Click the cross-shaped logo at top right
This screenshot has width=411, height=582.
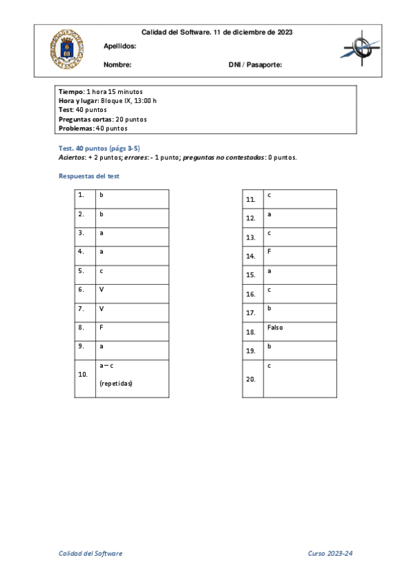pyautogui.click(x=360, y=49)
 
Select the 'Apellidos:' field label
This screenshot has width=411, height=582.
pyautogui.click(x=119, y=46)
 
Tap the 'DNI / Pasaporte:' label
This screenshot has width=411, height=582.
pyautogui.click(x=255, y=65)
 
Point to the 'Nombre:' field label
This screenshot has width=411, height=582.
pyautogui.click(x=117, y=65)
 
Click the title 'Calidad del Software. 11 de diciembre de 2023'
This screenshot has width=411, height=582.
pyautogui.click(x=217, y=32)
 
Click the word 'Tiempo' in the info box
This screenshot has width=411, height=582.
pyautogui.click(x=71, y=91)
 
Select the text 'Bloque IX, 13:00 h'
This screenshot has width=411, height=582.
pyautogui.click(x=129, y=100)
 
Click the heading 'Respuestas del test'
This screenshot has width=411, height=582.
pyautogui.click(x=89, y=176)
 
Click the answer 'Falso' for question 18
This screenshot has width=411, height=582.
pyautogui.click(x=274, y=327)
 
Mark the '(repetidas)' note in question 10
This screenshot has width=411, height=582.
pyautogui.click(x=116, y=384)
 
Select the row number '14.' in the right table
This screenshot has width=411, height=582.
pyautogui.click(x=250, y=256)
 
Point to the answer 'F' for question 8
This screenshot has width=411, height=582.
pyautogui.click(x=102, y=327)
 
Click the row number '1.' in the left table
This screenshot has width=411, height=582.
pyautogui.click(x=81, y=195)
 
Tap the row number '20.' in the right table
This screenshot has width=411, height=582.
pyautogui.click(x=251, y=379)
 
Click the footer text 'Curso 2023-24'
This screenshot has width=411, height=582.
pyautogui.click(x=331, y=553)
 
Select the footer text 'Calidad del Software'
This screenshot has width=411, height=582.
pyautogui.click(x=90, y=553)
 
